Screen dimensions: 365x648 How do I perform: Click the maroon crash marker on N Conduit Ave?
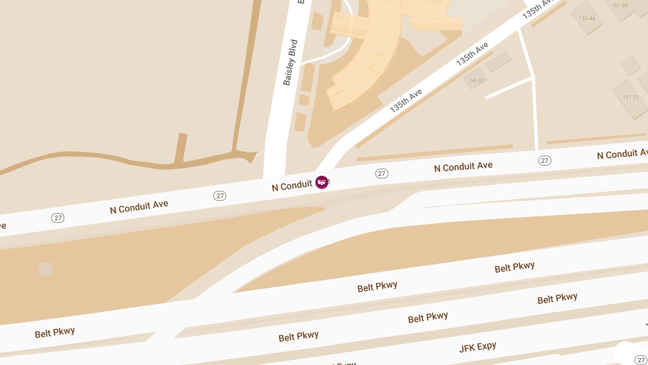coord(322,182)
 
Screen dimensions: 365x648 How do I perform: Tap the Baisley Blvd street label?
coord(291,62)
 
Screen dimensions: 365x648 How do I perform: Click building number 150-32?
coord(476,81)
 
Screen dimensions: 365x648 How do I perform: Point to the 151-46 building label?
coord(587,18)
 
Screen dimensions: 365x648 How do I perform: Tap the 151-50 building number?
coord(619,5)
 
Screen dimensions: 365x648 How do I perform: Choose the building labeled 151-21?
coord(631,97)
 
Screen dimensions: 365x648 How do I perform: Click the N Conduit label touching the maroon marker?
coord(292,186)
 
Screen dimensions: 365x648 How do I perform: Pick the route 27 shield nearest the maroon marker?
coord(382,174)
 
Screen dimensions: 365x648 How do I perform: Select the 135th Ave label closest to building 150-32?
coord(472,54)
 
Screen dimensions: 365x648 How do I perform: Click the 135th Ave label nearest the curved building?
coord(406,100)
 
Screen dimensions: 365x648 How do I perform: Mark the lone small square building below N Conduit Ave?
coord(46,269)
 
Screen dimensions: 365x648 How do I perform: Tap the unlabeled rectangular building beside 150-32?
coord(498,62)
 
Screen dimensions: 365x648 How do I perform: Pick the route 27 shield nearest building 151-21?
coord(544,161)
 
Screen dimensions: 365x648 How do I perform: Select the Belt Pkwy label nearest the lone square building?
coord(55,333)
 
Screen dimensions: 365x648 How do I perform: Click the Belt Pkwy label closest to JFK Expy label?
coord(428,317)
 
